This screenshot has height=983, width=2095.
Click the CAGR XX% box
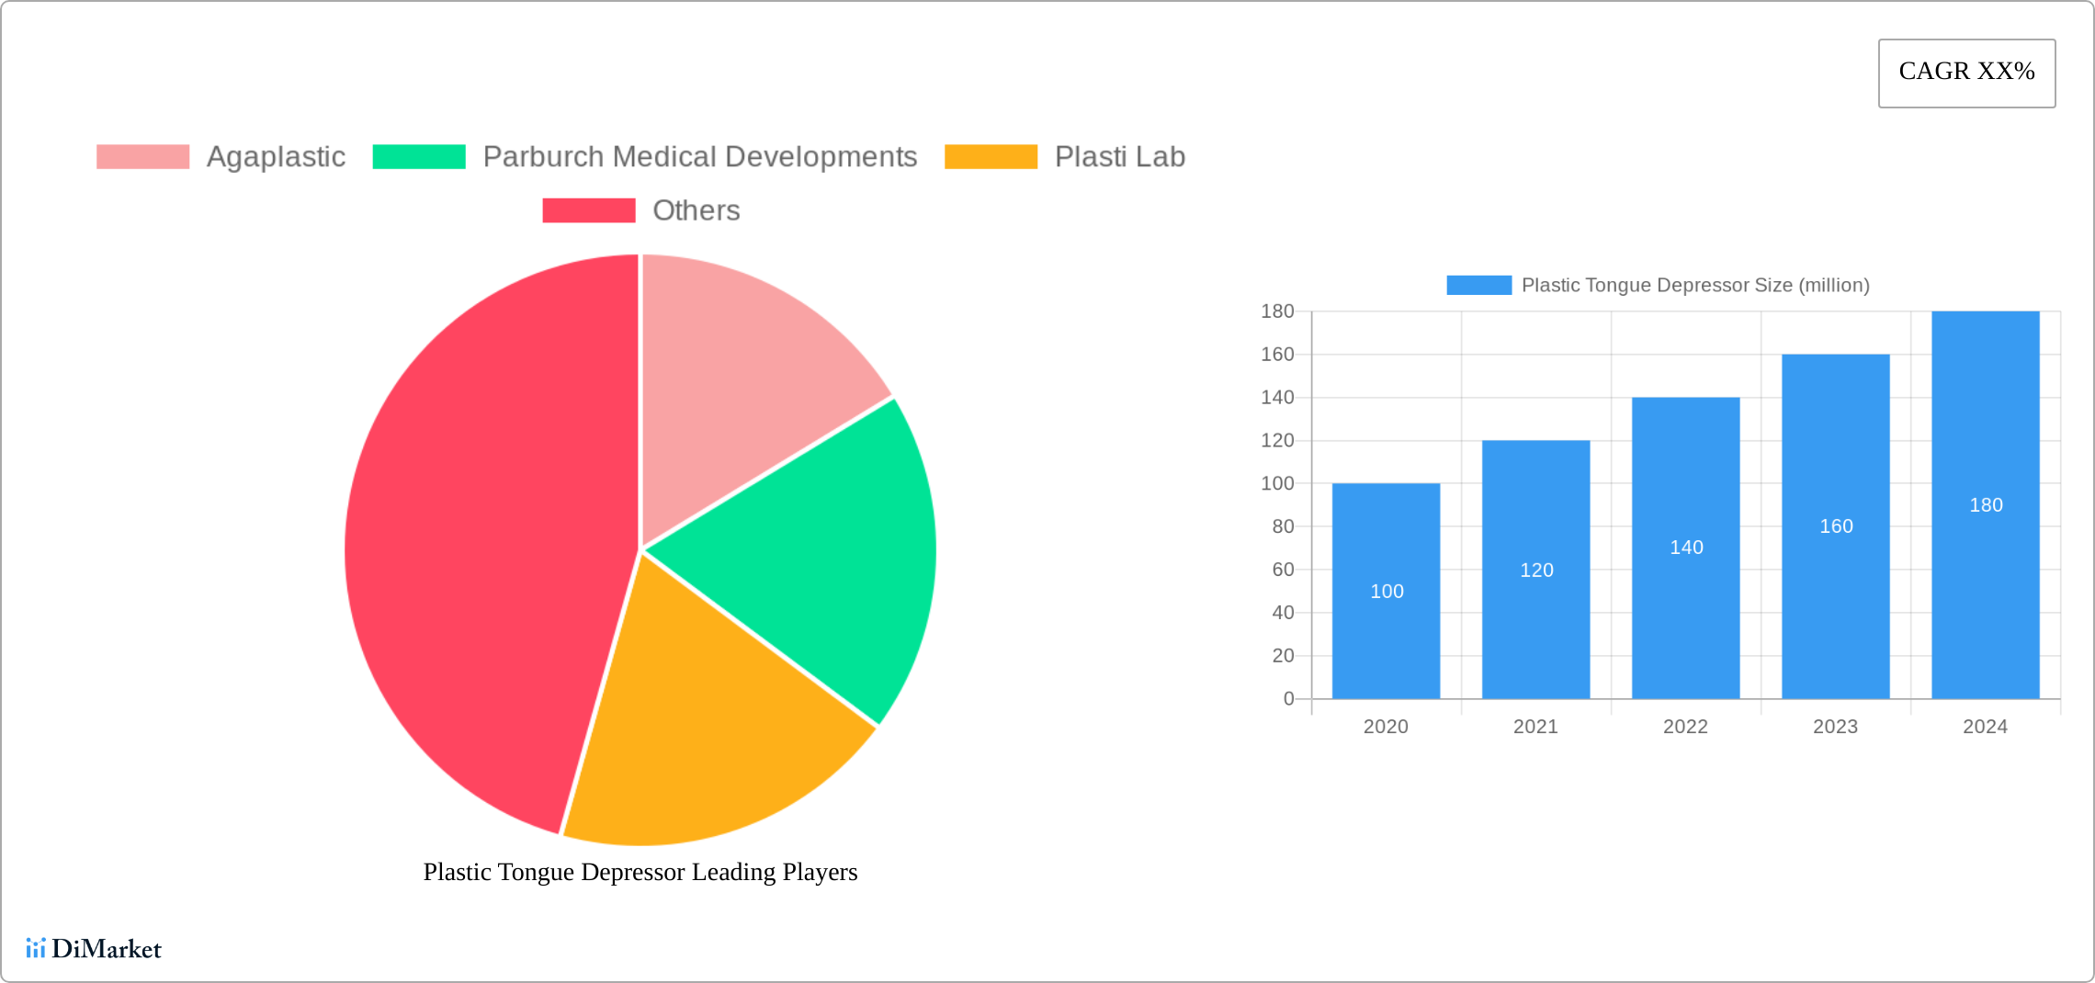click(x=1966, y=73)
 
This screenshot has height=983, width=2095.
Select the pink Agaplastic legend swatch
click(x=142, y=157)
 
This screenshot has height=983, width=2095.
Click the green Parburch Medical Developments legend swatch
click(x=419, y=157)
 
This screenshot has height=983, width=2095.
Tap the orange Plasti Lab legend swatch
click(x=991, y=157)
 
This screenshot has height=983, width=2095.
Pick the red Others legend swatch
click(x=588, y=210)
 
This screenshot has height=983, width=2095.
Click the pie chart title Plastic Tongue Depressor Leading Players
click(x=640, y=872)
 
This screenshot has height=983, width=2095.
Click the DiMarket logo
click(x=94, y=948)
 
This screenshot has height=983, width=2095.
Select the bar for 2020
click(x=1386, y=643)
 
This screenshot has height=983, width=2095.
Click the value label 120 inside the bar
click(x=1536, y=571)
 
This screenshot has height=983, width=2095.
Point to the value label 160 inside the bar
click(x=1836, y=526)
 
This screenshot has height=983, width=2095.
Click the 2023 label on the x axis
click(x=1835, y=727)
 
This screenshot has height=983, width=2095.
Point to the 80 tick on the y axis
click(x=1283, y=526)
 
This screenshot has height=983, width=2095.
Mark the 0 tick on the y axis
click(x=1288, y=699)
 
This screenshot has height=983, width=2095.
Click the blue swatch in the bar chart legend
click(x=1478, y=286)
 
